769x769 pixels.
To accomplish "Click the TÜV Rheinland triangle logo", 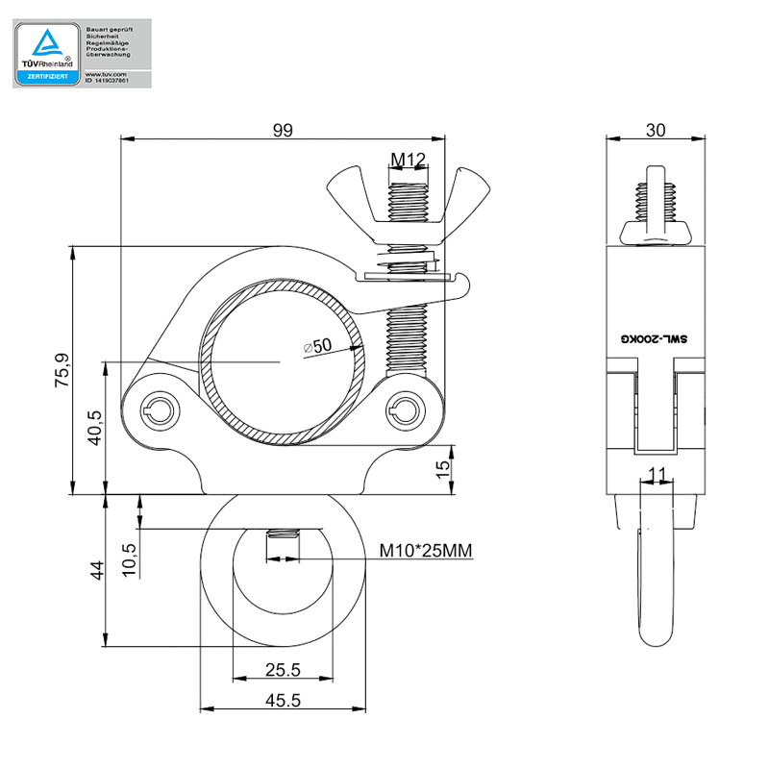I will pos(45,44).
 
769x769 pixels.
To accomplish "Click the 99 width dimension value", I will pos(283,130).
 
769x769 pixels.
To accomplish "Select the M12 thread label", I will pos(408,159).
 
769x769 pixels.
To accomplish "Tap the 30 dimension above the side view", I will pos(656,130).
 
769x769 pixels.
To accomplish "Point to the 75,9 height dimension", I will pos(62,370).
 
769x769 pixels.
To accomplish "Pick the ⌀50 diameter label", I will pos(316,345).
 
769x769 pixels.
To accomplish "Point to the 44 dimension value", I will pos(94,571).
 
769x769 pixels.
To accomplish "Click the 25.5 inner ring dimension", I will pos(283,670).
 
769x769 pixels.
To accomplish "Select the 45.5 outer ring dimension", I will pos(283,701).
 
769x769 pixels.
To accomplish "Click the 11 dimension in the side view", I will pos(657,472).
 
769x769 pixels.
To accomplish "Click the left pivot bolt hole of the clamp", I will pos(158,411).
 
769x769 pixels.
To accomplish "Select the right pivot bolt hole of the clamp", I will pos(403,411).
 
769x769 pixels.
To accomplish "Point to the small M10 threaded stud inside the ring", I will pos(282,543).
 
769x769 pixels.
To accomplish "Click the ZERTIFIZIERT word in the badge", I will pos(46,75).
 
